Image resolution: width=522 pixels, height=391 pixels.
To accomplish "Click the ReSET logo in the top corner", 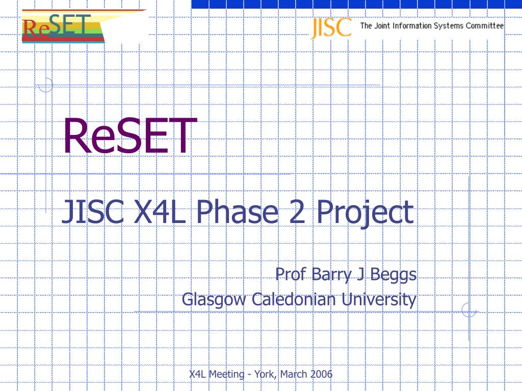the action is (x=63, y=26).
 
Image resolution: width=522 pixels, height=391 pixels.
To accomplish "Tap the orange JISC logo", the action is (x=331, y=28).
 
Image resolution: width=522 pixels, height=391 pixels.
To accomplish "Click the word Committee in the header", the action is (x=484, y=25).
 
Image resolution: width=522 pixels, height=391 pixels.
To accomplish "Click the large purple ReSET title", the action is (x=130, y=136).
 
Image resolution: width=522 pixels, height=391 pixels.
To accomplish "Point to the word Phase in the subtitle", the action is (x=237, y=212).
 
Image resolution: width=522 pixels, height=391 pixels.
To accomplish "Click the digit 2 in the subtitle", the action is (x=297, y=212).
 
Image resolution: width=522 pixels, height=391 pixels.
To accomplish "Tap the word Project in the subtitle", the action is (x=365, y=213).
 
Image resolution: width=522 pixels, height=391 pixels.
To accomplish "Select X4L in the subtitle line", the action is (x=160, y=212).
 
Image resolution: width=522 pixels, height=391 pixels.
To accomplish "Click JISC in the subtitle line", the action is (x=93, y=212).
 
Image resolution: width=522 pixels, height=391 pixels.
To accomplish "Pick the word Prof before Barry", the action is (x=290, y=274).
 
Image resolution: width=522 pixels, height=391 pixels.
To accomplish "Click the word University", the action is (x=379, y=299).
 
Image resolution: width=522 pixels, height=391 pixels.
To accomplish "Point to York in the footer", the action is (x=265, y=374).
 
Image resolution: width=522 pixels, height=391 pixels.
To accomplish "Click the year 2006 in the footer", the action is (x=321, y=374).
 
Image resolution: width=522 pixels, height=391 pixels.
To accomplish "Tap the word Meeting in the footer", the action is (x=226, y=375).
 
